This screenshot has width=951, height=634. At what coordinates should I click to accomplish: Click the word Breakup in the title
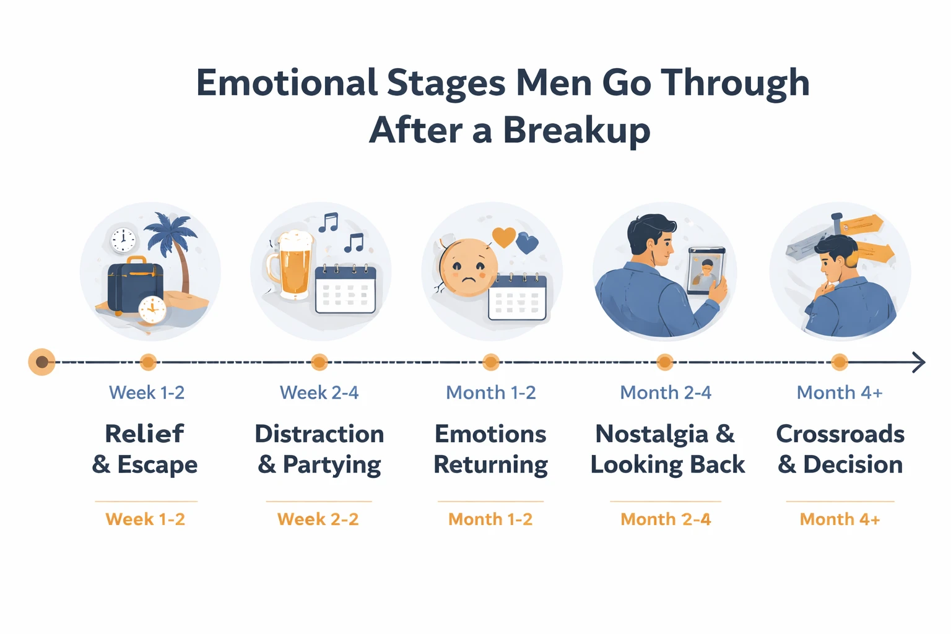click(576, 131)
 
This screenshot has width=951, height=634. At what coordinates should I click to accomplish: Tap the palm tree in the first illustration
click(172, 238)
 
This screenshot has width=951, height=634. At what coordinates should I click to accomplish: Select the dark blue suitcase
click(134, 286)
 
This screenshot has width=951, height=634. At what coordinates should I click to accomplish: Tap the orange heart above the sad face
click(503, 237)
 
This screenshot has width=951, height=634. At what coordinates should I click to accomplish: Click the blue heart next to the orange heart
click(527, 243)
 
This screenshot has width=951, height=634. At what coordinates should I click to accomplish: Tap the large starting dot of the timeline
click(41, 362)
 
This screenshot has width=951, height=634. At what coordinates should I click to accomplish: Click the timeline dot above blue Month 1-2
click(491, 362)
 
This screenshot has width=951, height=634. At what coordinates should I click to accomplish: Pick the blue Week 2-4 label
click(319, 393)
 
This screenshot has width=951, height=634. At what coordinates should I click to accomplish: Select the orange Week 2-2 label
click(318, 519)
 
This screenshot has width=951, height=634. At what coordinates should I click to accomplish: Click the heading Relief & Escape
click(145, 449)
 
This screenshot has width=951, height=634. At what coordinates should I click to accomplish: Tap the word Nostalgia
click(651, 435)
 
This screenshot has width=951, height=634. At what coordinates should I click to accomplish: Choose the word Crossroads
click(840, 434)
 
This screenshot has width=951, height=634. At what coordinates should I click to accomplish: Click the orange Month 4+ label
click(840, 519)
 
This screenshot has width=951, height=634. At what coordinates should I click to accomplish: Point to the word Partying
click(332, 465)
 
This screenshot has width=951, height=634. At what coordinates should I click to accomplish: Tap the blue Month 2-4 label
click(666, 393)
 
